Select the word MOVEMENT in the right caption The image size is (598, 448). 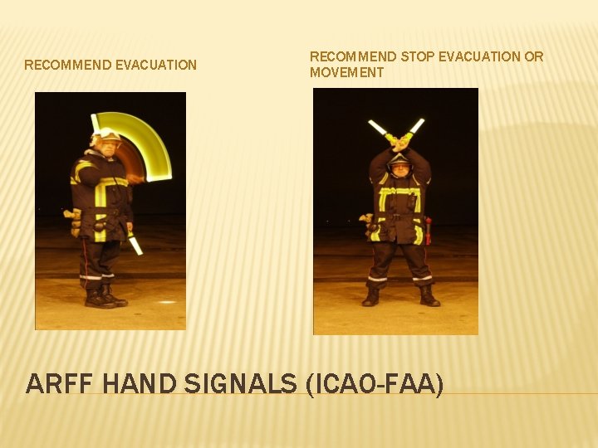pos(347,72)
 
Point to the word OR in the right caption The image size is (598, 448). pos(534,56)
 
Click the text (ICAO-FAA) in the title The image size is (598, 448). pos(375,384)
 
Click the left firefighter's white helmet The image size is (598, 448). pos(105,134)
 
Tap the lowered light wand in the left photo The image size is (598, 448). pos(135,244)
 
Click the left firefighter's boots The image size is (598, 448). pos(105,296)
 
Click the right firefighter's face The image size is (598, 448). pos(399,167)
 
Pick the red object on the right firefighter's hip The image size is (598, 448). pos(428,229)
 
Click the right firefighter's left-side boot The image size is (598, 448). pos(371,296)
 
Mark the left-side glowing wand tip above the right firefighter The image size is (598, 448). pos(378,128)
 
